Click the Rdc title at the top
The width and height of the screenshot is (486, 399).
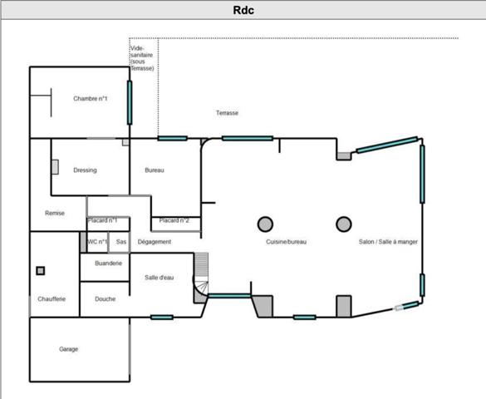243,10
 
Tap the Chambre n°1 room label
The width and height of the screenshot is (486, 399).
91,99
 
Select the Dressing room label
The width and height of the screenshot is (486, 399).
85,170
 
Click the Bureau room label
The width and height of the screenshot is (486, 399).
155,170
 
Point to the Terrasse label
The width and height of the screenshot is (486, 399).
227,113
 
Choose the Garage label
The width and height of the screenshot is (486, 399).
68,349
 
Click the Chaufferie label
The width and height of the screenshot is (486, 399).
52,299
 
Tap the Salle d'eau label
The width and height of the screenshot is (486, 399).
159,278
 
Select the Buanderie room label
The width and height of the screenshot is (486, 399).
108,264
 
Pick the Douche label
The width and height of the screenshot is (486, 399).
105,299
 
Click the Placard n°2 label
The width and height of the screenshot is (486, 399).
174,220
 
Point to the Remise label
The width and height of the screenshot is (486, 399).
55,213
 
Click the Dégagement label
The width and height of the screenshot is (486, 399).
155,242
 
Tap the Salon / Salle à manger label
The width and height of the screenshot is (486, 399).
388,242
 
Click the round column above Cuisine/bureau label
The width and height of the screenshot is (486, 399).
265,224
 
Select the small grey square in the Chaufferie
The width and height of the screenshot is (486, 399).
41,271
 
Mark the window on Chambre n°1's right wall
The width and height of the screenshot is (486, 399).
130,102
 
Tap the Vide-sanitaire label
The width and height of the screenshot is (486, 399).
142,58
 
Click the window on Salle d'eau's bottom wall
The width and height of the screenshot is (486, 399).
162,318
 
